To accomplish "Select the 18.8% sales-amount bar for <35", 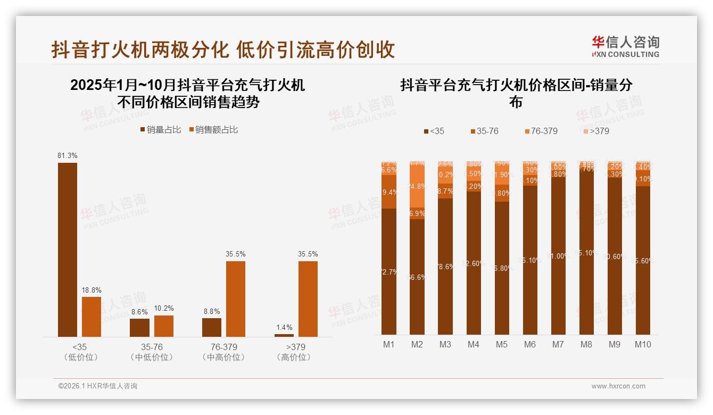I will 92,317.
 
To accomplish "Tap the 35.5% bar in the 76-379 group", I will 236,298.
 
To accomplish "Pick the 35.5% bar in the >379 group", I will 308,298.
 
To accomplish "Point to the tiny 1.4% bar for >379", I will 284,335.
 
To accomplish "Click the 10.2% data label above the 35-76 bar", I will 164,308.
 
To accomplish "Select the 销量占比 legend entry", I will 160,129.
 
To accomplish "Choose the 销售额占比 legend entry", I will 213,129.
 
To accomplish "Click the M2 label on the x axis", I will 417,344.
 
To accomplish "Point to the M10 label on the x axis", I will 643,344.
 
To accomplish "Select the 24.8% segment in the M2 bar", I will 417,186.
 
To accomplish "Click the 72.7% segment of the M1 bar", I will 389,271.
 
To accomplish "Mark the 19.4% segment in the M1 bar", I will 389,192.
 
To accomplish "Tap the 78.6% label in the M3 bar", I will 445,267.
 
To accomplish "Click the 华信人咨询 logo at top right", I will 625,46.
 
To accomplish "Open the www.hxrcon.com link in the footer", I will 618,386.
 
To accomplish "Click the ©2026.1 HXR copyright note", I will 97,386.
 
